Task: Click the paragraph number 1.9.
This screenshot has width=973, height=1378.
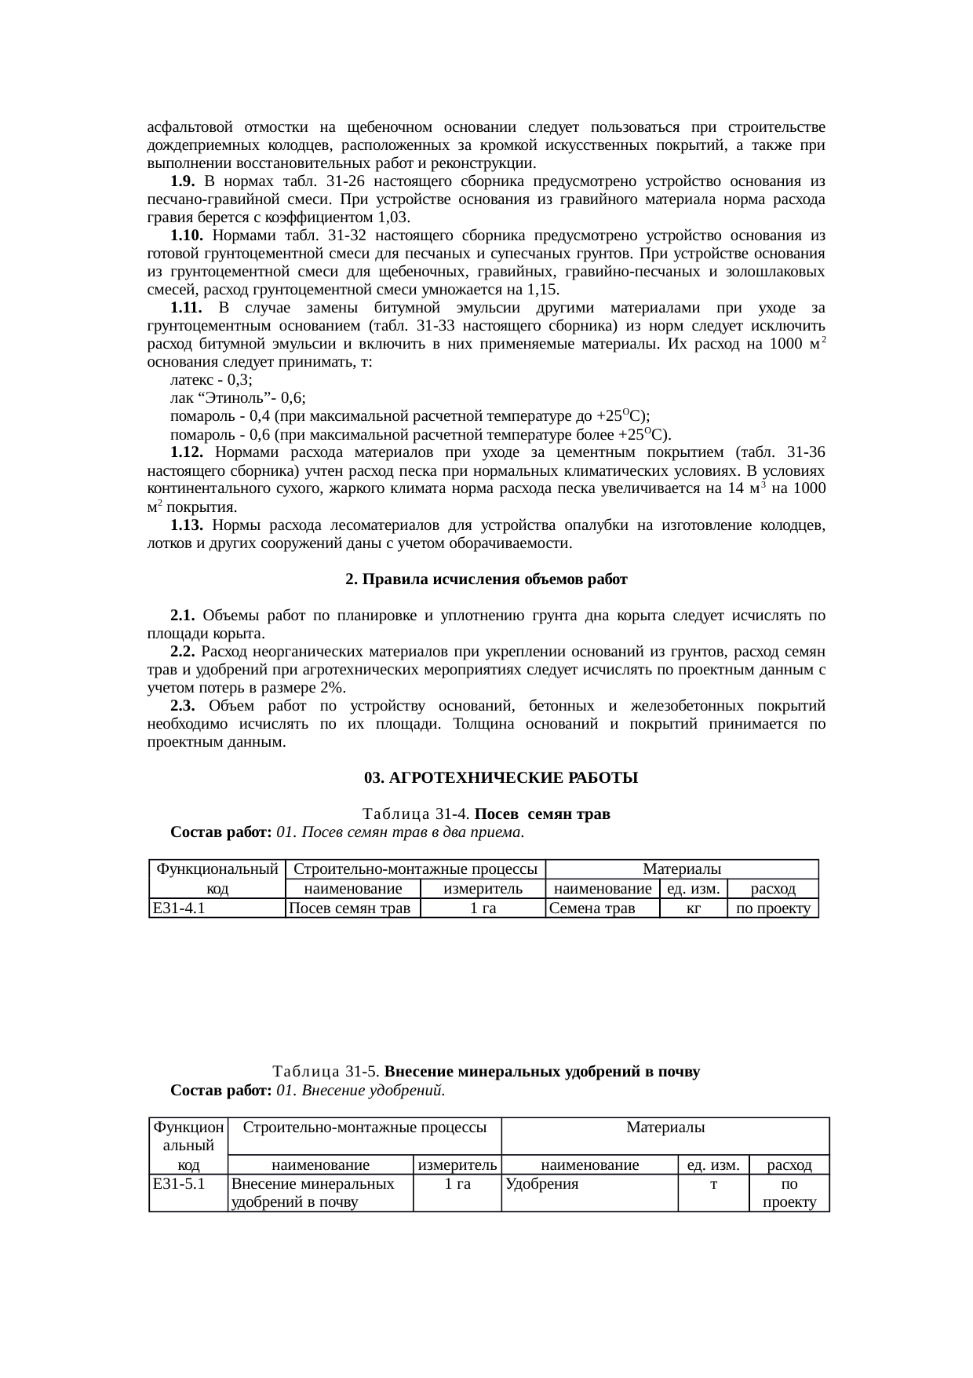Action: coord(182,181)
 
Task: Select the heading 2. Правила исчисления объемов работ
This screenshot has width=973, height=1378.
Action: coord(486,579)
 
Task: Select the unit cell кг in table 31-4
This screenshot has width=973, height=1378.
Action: coord(693,908)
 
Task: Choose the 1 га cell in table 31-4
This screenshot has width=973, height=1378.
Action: coord(483,908)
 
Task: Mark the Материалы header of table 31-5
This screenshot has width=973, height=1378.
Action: coord(665,1128)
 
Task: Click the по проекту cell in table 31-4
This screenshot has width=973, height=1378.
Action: coord(773,908)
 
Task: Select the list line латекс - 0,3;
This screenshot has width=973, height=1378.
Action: coord(211,379)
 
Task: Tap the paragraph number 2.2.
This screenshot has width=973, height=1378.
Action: coord(183,652)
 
